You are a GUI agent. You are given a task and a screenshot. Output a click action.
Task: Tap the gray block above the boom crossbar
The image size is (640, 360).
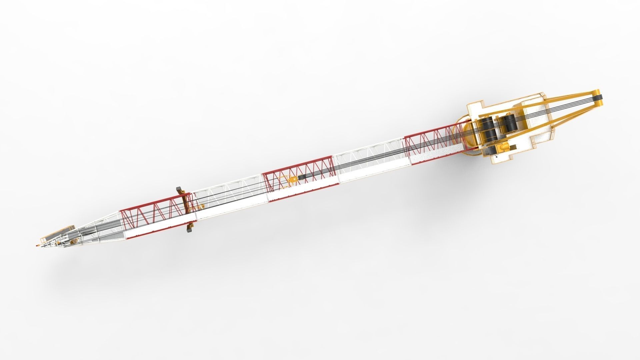point(179,189)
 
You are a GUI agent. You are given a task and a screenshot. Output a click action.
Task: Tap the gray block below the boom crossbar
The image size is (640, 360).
point(190,229)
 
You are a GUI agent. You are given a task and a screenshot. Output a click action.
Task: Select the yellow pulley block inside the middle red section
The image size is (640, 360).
point(293,180)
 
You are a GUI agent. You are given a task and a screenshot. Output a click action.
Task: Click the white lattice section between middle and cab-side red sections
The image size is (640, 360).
point(370,160)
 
